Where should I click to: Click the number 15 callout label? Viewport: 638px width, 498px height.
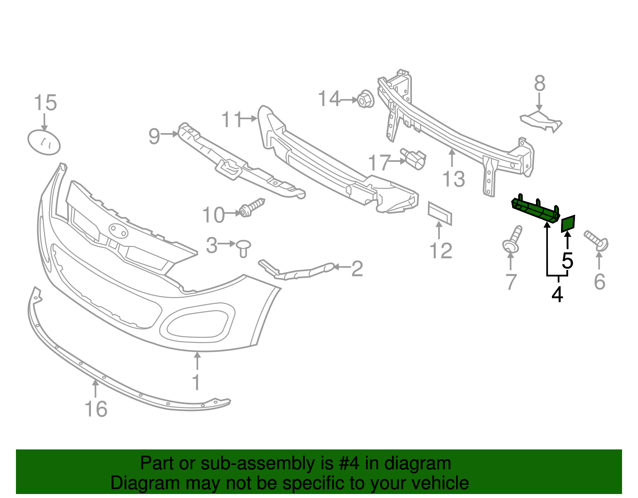(x=45, y=103)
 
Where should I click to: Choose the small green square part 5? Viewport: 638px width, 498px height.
(x=568, y=224)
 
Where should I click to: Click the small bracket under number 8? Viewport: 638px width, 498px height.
(x=541, y=121)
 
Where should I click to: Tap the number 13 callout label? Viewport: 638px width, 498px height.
(x=454, y=179)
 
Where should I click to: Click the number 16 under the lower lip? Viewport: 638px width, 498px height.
(x=96, y=409)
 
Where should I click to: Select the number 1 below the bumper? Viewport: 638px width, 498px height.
(x=196, y=382)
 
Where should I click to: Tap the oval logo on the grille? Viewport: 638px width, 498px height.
(x=118, y=230)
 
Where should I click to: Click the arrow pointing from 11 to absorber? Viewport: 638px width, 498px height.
(x=250, y=118)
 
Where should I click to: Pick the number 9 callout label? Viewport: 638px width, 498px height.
(x=154, y=136)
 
